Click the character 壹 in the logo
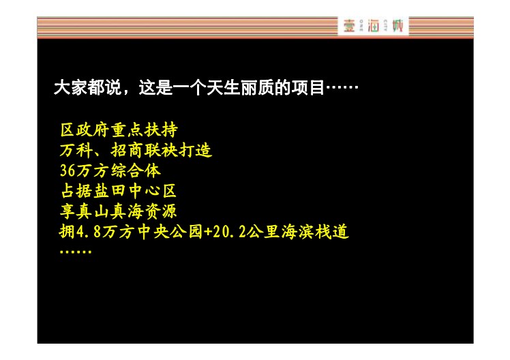click(x=348, y=26)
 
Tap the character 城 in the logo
click(x=397, y=25)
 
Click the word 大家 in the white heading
click(x=71, y=87)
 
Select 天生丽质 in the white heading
click(x=240, y=87)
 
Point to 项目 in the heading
click(x=307, y=87)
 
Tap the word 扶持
click(x=161, y=130)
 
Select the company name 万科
click(x=76, y=150)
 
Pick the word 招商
click(x=127, y=150)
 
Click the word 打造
click(x=195, y=150)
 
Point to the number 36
click(x=68, y=170)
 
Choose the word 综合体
click(x=136, y=170)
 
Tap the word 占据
click(x=76, y=191)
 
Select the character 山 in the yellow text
click(x=101, y=211)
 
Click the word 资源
click(x=161, y=211)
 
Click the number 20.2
click(x=229, y=232)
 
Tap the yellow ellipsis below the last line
click(x=76, y=252)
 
